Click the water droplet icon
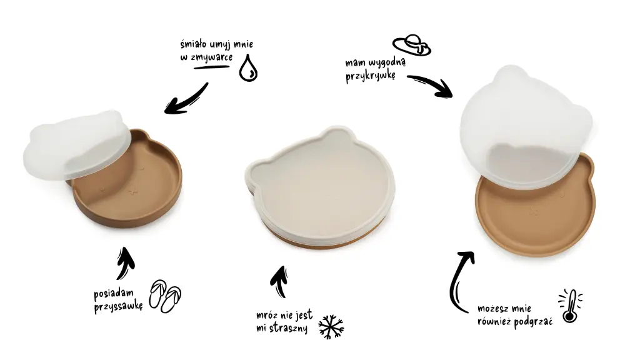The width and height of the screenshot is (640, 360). coord(248,68)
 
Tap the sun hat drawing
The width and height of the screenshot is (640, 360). coord(411,45)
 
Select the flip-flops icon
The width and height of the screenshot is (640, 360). coord(165,296)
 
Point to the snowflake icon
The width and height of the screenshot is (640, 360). coord(331,326)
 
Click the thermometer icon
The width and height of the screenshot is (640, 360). coord(570,306)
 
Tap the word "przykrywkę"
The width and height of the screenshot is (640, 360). coord(370,76)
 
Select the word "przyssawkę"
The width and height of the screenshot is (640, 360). coord(118,306)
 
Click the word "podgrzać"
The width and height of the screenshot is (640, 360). coord(534,322)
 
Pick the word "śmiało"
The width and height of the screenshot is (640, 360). coord(194,44)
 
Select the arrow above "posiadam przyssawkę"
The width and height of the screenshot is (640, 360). coord(125,263)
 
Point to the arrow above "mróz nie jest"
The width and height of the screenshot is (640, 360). coord(279,282)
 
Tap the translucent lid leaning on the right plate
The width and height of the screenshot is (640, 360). coord(526,127)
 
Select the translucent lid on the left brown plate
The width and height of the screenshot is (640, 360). coord(77,144)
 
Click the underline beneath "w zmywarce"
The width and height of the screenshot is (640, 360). coord(211,66)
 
